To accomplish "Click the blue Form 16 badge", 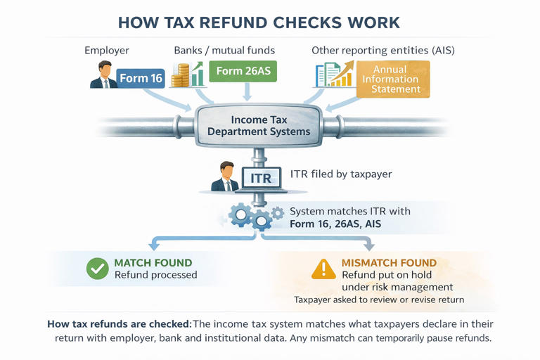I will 141,78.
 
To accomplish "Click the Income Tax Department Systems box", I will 259,126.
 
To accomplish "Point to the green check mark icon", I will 95,269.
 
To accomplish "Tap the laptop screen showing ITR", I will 261,179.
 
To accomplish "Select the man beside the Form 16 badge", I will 104,75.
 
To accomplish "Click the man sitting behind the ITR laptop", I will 226,177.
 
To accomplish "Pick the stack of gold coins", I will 185,76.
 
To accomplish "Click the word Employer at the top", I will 108,50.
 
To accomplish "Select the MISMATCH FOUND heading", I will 389,263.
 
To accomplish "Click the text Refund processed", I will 155,275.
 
